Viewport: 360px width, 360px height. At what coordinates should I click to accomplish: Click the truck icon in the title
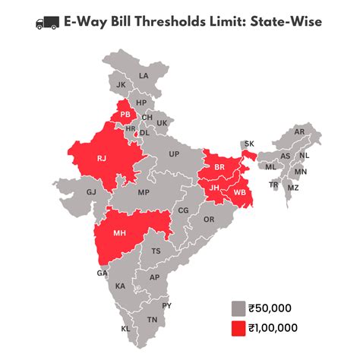click(x=48, y=22)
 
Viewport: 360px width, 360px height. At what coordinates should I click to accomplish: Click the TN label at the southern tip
click(x=152, y=320)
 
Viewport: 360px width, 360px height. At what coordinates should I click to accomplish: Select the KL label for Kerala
click(x=125, y=329)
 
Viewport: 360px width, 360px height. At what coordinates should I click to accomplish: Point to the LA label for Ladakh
click(x=144, y=76)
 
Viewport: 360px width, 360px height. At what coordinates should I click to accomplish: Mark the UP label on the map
click(x=174, y=154)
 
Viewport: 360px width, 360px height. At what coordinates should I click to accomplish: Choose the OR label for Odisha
click(x=209, y=219)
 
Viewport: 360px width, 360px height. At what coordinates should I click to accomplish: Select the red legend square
click(x=238, y=327)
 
